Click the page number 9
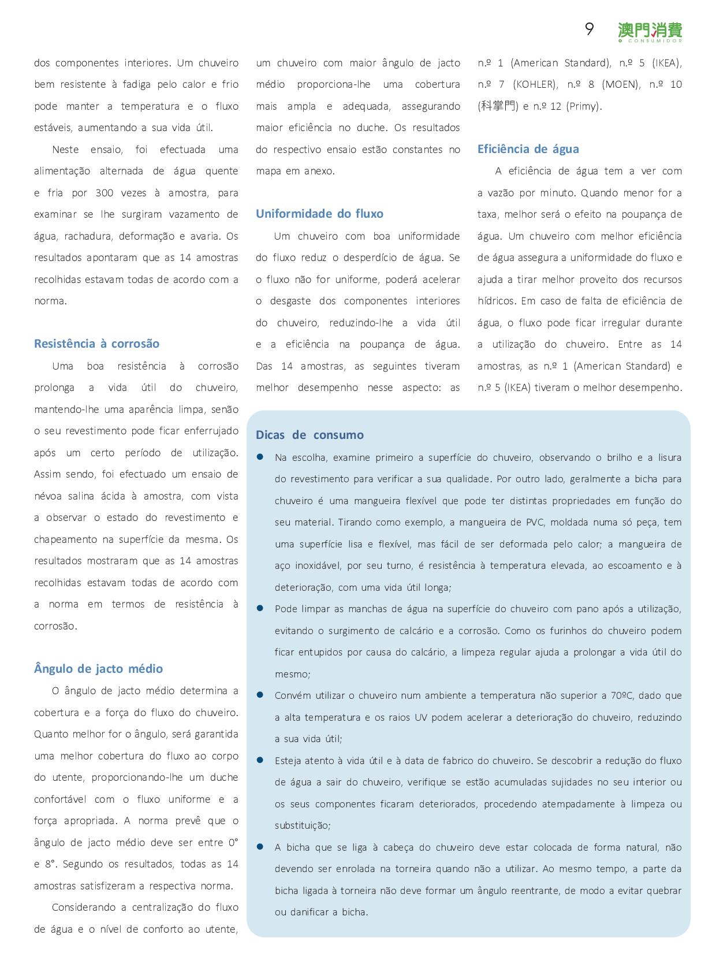pyautogui.click(x=589, y=29)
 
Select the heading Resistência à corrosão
pyautogui.click(x=96, y=344)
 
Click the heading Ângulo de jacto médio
pyautogui.click(x=98, y=669)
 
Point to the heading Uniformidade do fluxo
pyautogui.click(x=319, y=214)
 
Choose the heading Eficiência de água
pyautogui.click(x=528, y=149)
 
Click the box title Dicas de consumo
pyautogui.click(x=309, y=435)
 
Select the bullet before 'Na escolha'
pyautogui.click(x=260, y=457)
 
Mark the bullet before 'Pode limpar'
pyautogui.click(x=260, y=608)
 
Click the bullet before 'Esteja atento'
pyautogui.click(x=260, y=760)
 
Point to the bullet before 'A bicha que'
pyautogui.click(x=260, y=847)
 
